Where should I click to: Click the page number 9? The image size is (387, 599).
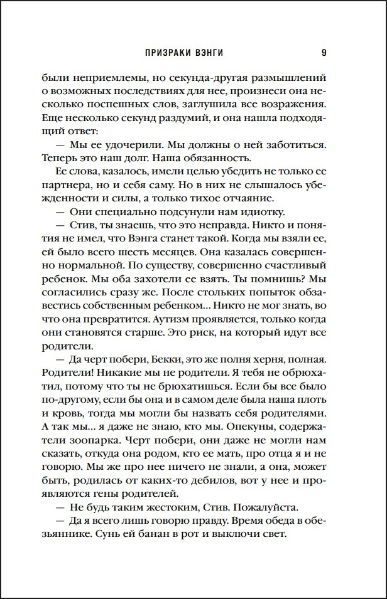(324, 53)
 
